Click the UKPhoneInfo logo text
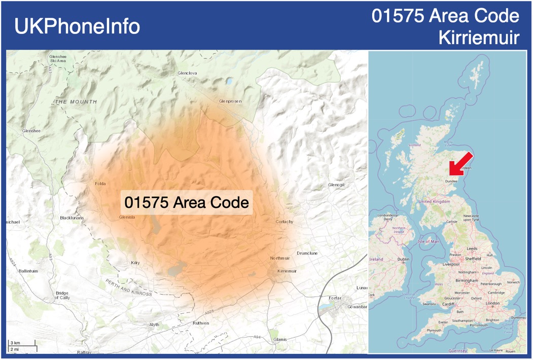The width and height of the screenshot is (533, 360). (x=77, y=26)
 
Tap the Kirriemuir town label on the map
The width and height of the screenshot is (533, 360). (x=287, y=271)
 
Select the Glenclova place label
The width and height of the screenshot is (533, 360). (x=187, y=73)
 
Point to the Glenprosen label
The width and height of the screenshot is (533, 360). (x=230, y=101)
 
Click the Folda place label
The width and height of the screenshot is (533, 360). (x=100, y=184)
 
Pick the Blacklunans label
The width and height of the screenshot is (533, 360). (x=72, y=218)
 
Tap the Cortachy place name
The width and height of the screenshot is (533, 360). (x=285, y=222)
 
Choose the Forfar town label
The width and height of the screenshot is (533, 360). (x=335, y=298)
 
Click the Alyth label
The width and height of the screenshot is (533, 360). (x=154, y=325)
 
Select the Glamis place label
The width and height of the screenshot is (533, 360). (x=280, y=339)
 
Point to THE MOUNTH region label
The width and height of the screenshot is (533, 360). (x=76, y=102)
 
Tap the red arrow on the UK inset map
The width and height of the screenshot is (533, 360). (x=460, y=164)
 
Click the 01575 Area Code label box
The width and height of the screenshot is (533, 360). (x=187, y=203)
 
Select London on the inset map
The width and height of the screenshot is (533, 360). (x=492, y=303)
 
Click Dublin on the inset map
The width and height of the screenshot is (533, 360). (x=403, y=259)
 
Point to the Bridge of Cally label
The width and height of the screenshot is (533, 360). (x=62, y=296)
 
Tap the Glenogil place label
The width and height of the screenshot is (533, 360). (x=336, y=185)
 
